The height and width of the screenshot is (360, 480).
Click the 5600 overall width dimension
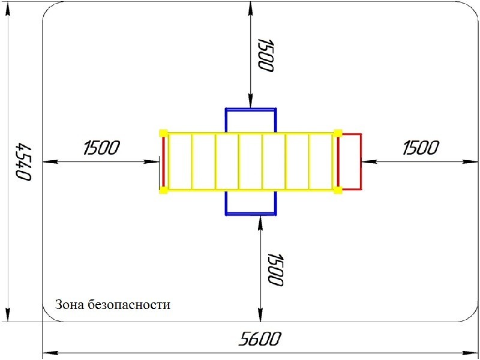tap(259, 339)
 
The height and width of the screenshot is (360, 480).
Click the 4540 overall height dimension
tap(23, 161)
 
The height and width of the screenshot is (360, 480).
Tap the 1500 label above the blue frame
tap(265, 55)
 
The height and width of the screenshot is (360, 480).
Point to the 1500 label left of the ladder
tap(101, 148)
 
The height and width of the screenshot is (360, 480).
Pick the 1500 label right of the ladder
tap(421, 148)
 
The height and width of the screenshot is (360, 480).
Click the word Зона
tap(69, 305)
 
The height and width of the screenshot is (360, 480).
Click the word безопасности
tap(128, 305)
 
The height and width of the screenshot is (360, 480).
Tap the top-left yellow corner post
tap(163, 133)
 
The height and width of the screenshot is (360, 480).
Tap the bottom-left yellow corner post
tap(163, 190)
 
